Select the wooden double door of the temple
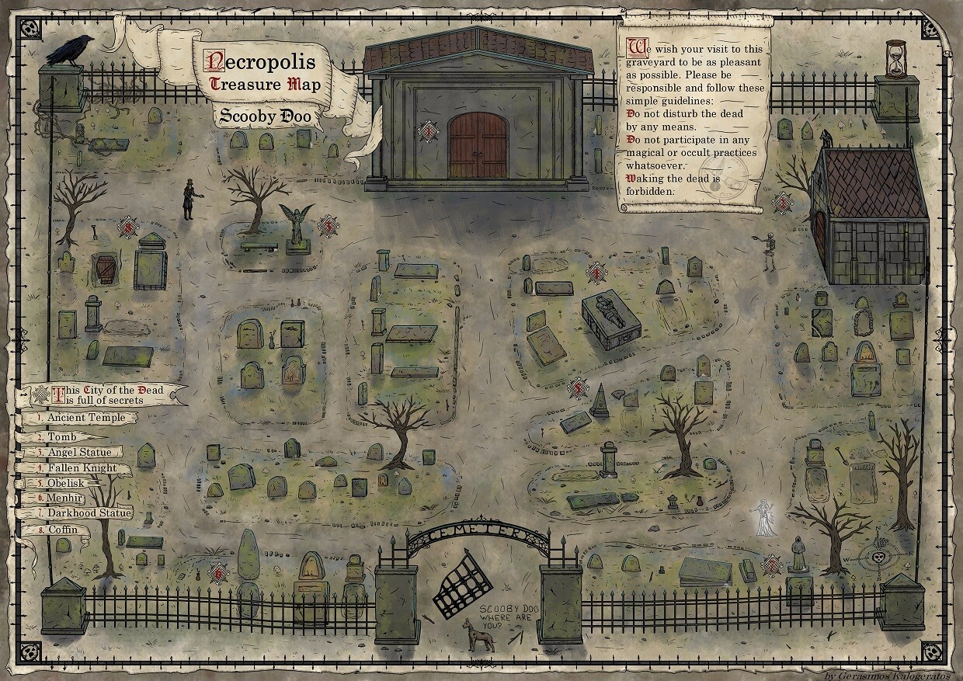[478, 145]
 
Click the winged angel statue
[295, 226]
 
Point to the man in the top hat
[188, 200]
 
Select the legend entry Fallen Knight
[82, 468]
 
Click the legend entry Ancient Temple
[85, 418]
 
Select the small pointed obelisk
[600, 401]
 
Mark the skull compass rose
[879, 558]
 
